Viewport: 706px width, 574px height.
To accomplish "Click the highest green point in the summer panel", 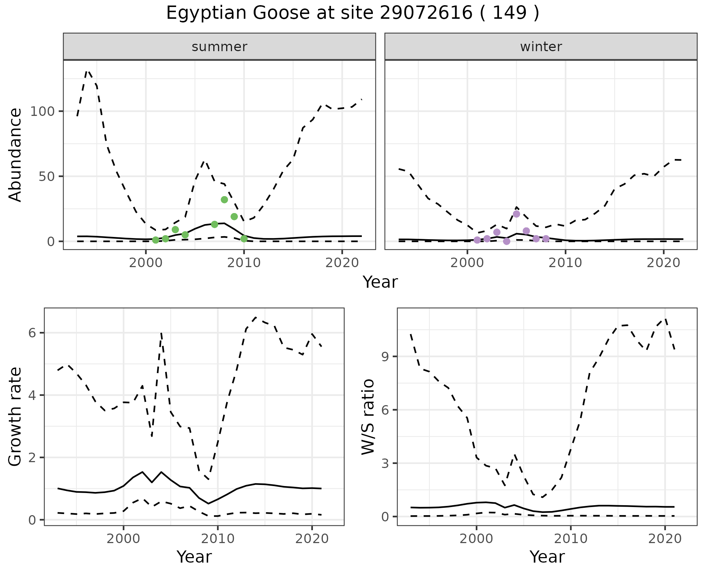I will point(224,200).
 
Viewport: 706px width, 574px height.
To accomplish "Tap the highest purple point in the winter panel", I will point(516,214).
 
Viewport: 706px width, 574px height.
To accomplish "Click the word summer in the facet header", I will point(220,47).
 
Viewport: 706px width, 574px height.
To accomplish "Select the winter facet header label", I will point(541,47).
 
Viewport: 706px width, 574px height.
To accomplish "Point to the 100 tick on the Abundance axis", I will point(43,111).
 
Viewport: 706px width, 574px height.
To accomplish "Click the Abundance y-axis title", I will point(15,155).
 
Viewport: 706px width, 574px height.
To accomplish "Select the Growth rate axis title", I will point(15,417).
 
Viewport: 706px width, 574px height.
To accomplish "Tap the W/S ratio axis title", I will point(368,417).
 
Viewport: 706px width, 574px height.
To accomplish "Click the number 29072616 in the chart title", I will point(425,13).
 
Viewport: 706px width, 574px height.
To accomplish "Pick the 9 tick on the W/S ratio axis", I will point(385,357).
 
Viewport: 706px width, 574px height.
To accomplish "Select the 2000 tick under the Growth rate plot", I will point(124,539).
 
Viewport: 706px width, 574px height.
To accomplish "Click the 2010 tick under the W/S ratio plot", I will point(570,539).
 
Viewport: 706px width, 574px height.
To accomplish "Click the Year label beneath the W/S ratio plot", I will point(547,557).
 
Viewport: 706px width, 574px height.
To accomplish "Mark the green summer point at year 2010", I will point(244,239).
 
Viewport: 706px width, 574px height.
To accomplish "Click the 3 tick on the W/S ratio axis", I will point(385,463).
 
